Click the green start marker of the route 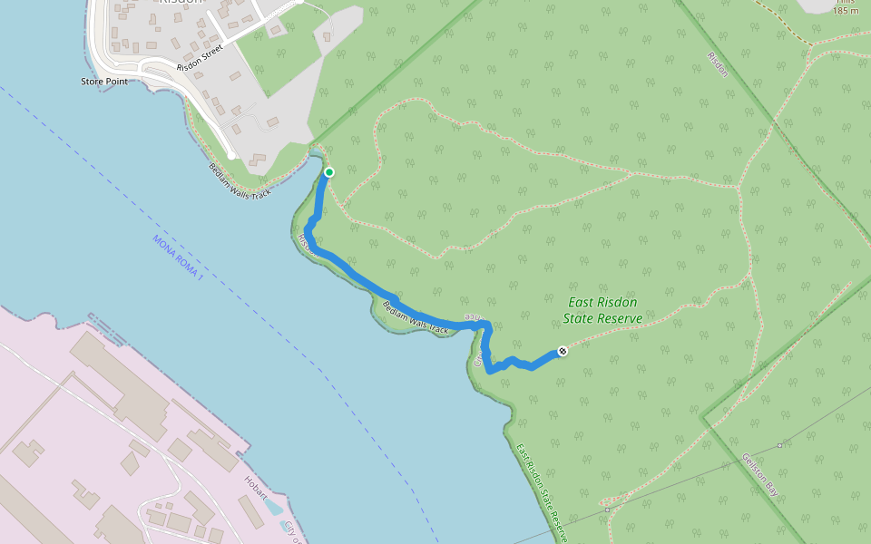(x=329, y=172)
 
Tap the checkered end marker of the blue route (x=563, y=351)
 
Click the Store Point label (x=103, y=82)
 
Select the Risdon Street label (x=200, y=61)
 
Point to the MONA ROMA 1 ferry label (x=178, y=257)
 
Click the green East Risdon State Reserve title (x=602, y=310)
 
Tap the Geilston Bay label (x=759, y=472)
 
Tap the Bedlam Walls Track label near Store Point (x=240, y=181)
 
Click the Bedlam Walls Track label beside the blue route (x=416, y=317)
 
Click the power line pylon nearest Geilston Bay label (x=780, y=445)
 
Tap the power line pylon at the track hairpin (x=607, y=510)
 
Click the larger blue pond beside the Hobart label (x=274, y=508)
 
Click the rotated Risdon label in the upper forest (x=716, y=63)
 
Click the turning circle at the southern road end (x=232, y=157)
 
